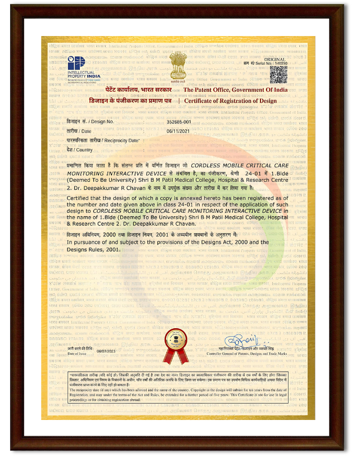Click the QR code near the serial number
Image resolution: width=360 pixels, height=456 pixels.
(278, 74)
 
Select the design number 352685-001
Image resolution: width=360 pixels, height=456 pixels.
(179, 122)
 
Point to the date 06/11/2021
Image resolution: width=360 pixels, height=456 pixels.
(179, 131)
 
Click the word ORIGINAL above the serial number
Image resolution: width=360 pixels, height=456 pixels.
(275, 59)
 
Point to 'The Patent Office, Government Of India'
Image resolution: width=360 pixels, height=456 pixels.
(236, 90)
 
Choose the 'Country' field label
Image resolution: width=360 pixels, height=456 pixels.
(79, 150)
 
